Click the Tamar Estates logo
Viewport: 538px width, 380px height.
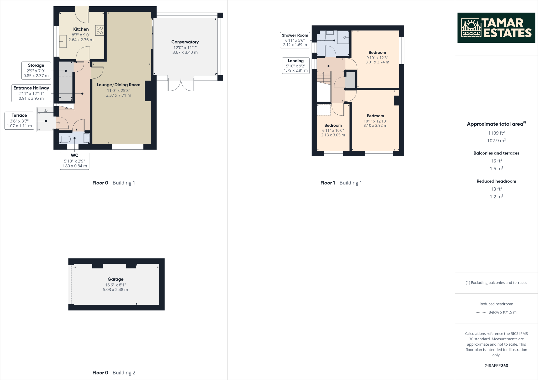(496, 28)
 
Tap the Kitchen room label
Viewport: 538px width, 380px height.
(81, 29)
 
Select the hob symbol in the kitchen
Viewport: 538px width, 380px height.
(100, 30)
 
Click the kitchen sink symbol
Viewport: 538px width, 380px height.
(63, 41)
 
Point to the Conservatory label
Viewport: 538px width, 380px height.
(185, 42)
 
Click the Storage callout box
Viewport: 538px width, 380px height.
(36, 70)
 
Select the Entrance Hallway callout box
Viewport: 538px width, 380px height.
(31, 93)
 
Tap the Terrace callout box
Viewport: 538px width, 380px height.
(19, 120)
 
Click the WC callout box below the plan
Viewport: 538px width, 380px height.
(74, 160)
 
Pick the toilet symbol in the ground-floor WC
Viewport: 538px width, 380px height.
(65, 139)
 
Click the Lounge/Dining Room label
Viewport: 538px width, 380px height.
(118, 85)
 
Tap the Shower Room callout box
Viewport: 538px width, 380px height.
(295, 40)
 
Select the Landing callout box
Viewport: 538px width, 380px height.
(296, 65)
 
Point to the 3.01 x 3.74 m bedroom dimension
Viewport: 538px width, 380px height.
(377, 62)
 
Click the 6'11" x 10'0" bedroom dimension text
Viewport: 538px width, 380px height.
(333, 130)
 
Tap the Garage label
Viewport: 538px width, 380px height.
(115, 279)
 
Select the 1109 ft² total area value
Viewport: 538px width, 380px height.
(496, 133)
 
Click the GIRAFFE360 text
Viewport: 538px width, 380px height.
(496, 366)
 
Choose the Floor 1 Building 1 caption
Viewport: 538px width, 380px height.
(341, 183)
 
